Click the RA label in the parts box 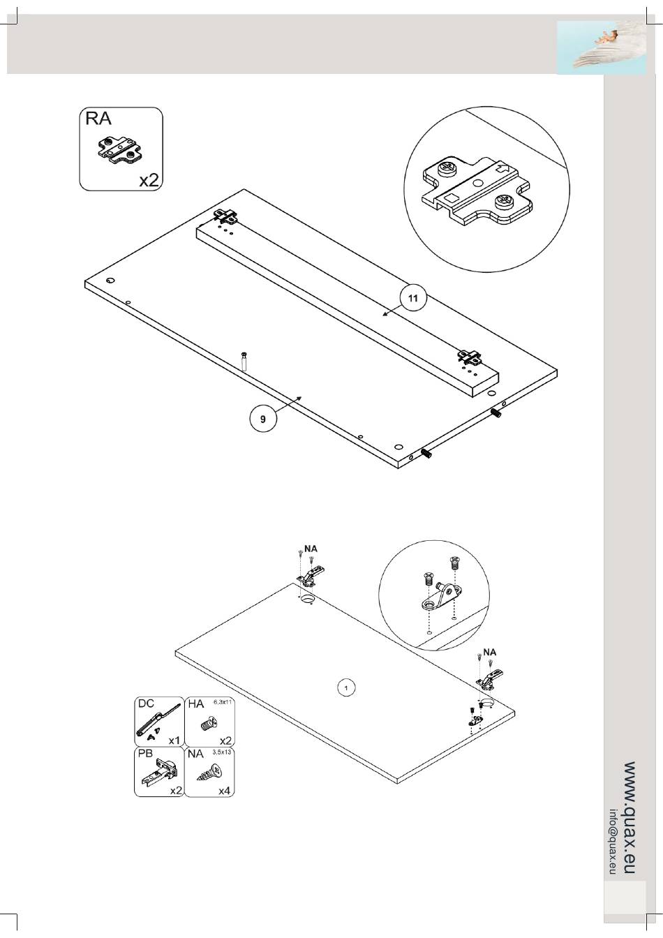coord(98,119)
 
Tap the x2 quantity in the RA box coord(149,180)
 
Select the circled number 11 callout coord(413,298)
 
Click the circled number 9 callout coord(263,419)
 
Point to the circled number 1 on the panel coord(345,688)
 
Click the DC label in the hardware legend coord(145,703)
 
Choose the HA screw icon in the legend coord(207,724)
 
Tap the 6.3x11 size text coord(222,701)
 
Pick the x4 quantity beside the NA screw coord(224,791)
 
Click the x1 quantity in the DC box coord(174,740)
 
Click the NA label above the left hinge coord(311,549)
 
